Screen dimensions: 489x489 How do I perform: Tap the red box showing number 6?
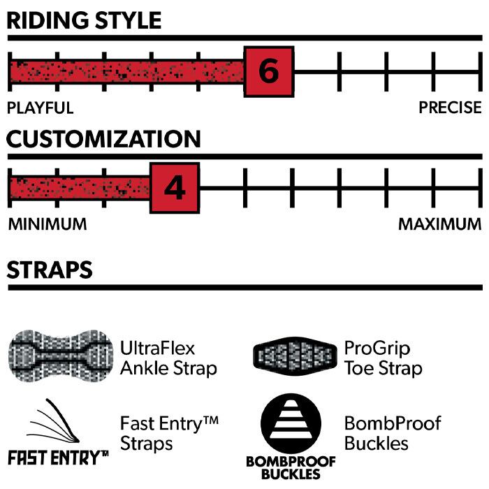click(x=268, y=71)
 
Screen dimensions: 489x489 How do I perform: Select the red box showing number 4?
click(x=175, y=187)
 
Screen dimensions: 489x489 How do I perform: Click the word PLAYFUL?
click(x=40, y=108)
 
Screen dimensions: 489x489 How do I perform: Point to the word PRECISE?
click(x=450, y=108)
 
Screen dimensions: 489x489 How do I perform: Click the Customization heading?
click(x=103, y=138)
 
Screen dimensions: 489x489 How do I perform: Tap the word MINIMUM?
click(x=48, y=224)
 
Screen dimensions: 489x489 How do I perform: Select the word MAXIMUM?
click(x=439, y=224)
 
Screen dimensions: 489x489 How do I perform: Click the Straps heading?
click(x=50, y=269)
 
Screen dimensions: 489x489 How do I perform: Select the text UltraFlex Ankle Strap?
click(x=168, y=358)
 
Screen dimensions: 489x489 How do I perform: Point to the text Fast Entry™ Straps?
click(x=169, y=433)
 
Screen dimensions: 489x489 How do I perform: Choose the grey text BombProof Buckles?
click(x=393, y=433)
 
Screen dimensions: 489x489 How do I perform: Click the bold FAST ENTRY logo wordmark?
click(x=57, y=458)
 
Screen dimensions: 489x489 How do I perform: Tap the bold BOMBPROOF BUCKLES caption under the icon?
click(x=290, y=467)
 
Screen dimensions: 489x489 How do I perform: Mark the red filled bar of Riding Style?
click(x=126, y=71)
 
